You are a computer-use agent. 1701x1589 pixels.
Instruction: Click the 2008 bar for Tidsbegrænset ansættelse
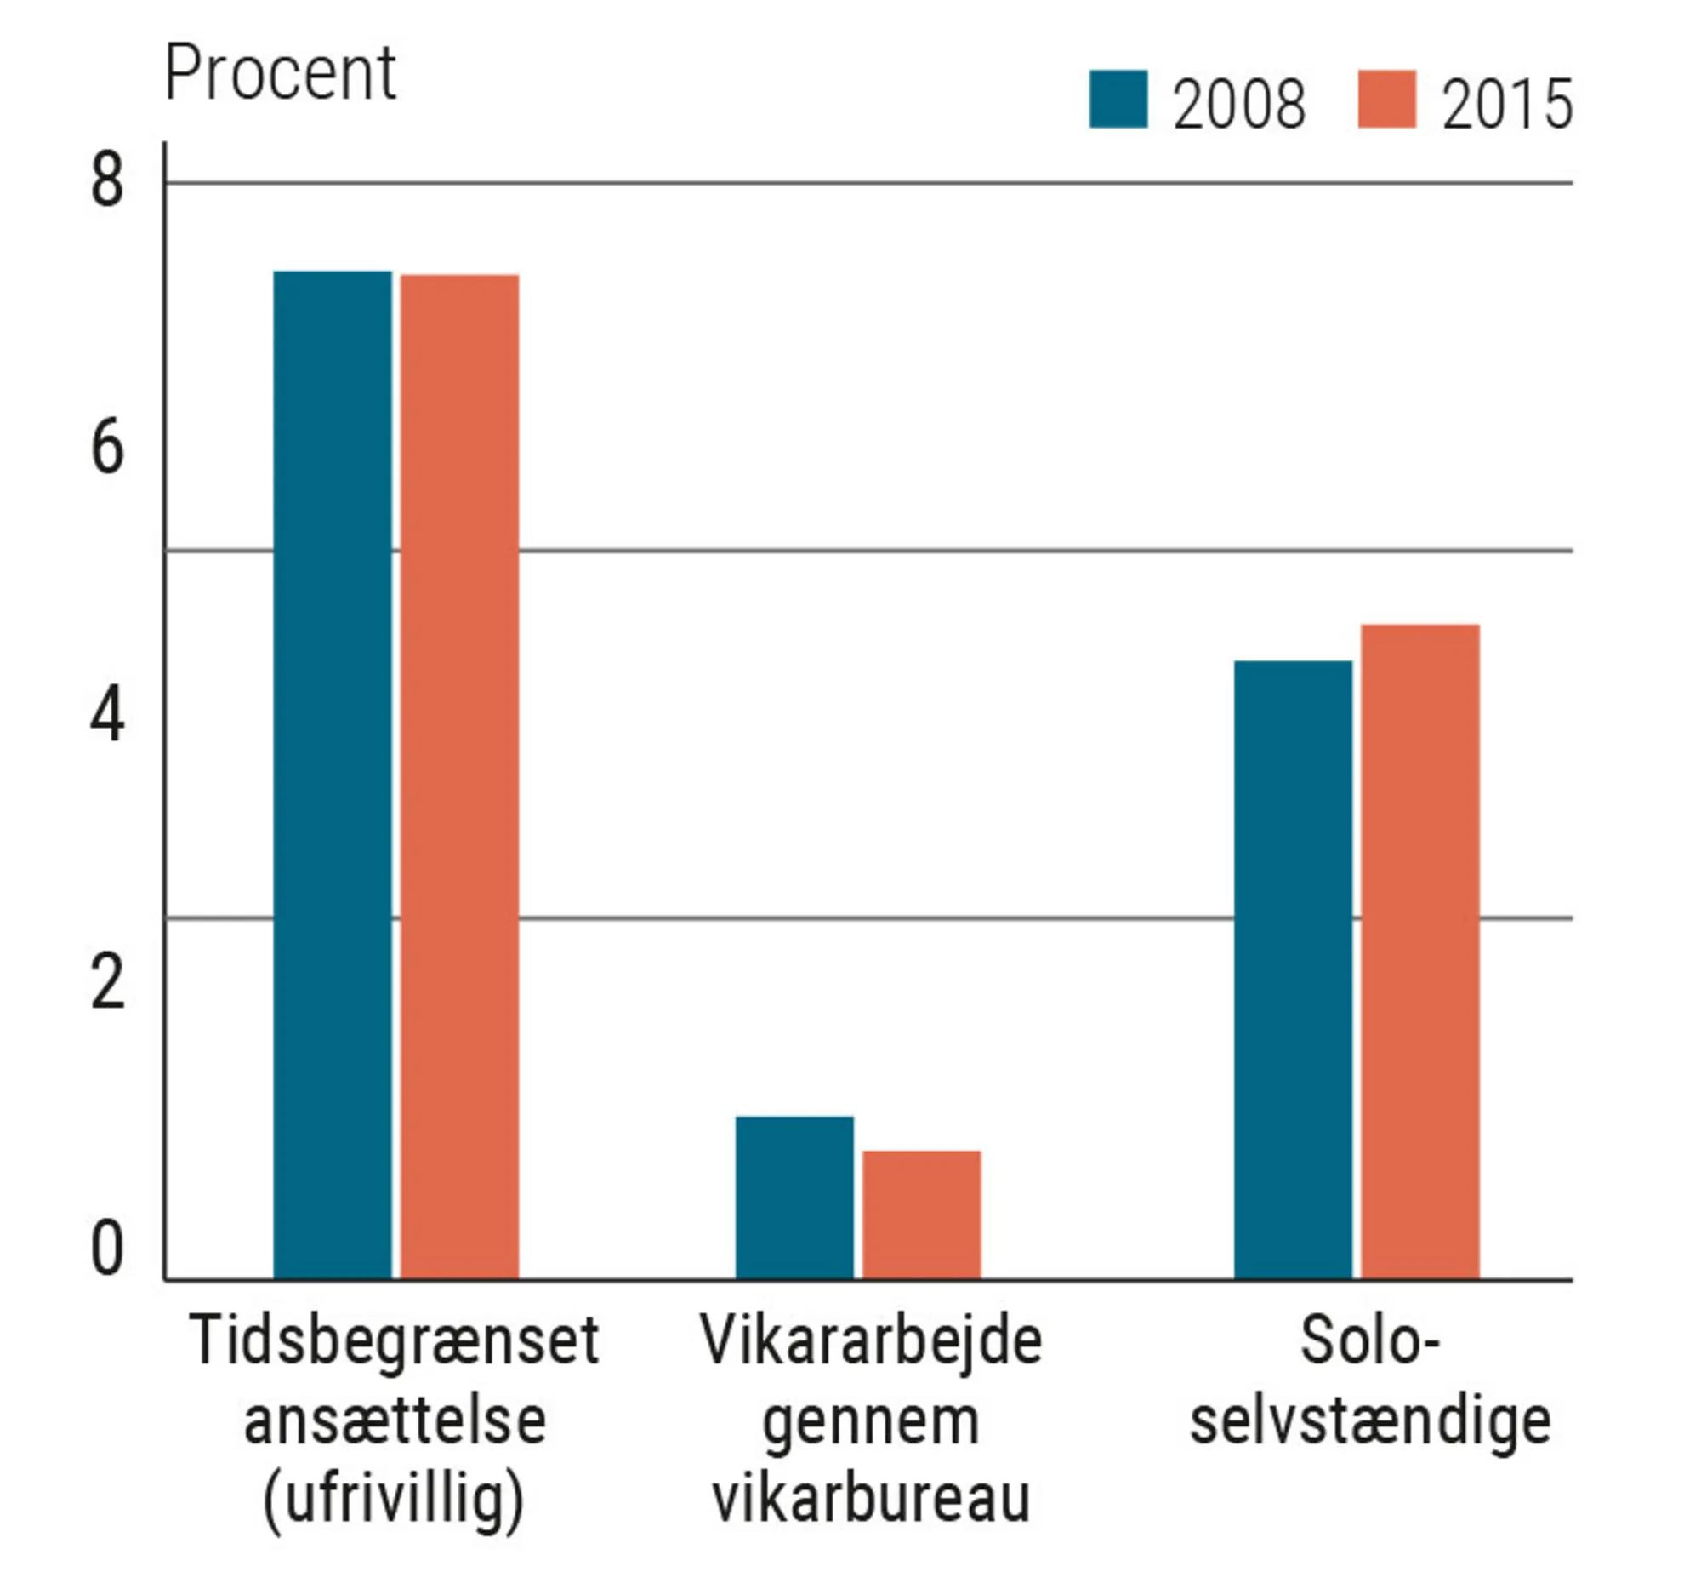coord(332,774)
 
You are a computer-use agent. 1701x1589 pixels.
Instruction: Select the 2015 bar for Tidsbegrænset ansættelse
coord(459,776)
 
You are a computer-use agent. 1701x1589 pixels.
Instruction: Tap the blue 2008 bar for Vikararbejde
coord(794,1197)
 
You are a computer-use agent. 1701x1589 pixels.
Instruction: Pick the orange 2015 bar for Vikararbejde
coord(922,1215)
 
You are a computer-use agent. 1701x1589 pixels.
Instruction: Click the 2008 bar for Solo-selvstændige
coord(1292,970)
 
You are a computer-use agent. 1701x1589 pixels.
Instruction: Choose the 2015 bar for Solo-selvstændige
coord(1419,952)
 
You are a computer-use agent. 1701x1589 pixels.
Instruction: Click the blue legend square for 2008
coord(1118,100)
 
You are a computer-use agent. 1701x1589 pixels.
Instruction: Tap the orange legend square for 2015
coord(1386,100)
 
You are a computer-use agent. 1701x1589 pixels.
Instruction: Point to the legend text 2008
coord(1238,105)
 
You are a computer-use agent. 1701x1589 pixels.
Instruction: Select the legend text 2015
coord(1507,105)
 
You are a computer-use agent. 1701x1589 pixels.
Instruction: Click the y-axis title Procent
coord(280,74)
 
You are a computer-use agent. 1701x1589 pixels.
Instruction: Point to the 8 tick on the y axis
coord(107,181)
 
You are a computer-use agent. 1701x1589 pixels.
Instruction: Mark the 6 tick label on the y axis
coord(107,449)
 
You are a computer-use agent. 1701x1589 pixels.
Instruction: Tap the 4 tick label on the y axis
coord(107,716)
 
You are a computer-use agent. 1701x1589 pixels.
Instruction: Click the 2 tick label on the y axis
coord(107,983)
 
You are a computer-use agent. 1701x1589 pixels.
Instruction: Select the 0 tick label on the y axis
coord(107,1250)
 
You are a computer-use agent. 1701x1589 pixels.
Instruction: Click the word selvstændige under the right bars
coord(1370,1422)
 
